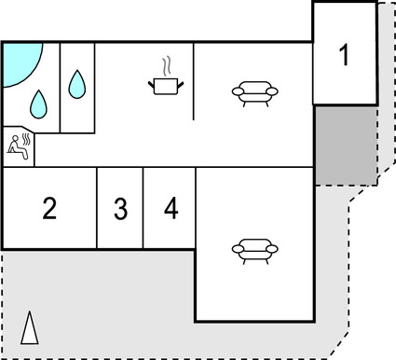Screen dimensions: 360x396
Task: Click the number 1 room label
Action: coord(345,56)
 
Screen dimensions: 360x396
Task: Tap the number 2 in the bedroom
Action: coord(49,208)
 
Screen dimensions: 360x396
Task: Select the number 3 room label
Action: coord(120,209)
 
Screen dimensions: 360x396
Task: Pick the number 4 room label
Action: coord(171,209)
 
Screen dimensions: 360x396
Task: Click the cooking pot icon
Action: coord(166,86)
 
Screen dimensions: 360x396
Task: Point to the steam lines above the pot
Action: coord(166,66)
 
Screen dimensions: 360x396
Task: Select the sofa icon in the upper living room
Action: coord(254,91)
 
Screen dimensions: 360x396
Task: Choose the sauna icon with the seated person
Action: coord(19,145)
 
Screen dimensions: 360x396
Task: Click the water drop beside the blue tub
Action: coord(39,103)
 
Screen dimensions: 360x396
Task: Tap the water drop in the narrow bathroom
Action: coord(77,86)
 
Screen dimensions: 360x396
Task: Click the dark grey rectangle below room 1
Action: coord(345,144)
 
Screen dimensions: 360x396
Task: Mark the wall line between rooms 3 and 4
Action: coord(143,208)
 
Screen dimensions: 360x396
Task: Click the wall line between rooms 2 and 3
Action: coord(97,208)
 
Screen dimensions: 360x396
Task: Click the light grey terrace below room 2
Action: coord(93,298)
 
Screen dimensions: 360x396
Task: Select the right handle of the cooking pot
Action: coord(181,84)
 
